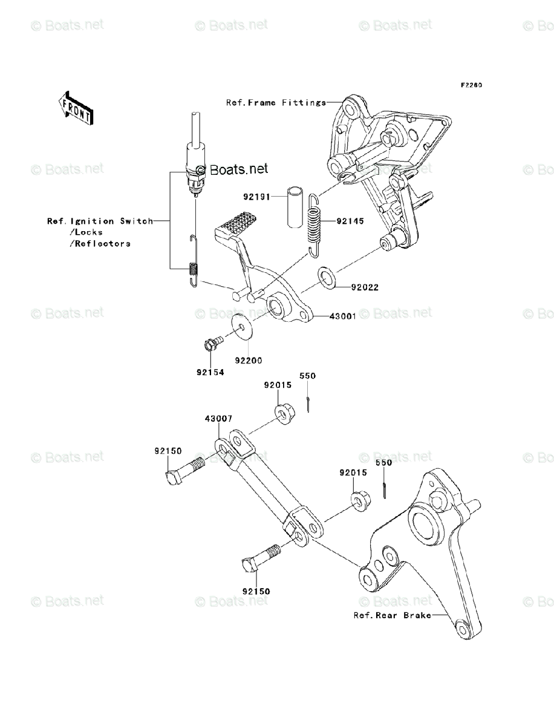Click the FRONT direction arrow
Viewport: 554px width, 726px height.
coord(76,107)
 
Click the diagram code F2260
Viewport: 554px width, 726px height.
coord(471,85)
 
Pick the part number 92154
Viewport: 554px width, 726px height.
coord(210,373)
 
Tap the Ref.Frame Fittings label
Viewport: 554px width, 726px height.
coord(276,103)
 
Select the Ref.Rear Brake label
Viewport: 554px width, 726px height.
coord(393,616)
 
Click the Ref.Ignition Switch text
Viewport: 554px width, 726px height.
coord(100,221)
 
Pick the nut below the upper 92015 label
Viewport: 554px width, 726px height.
coord(282,414)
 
